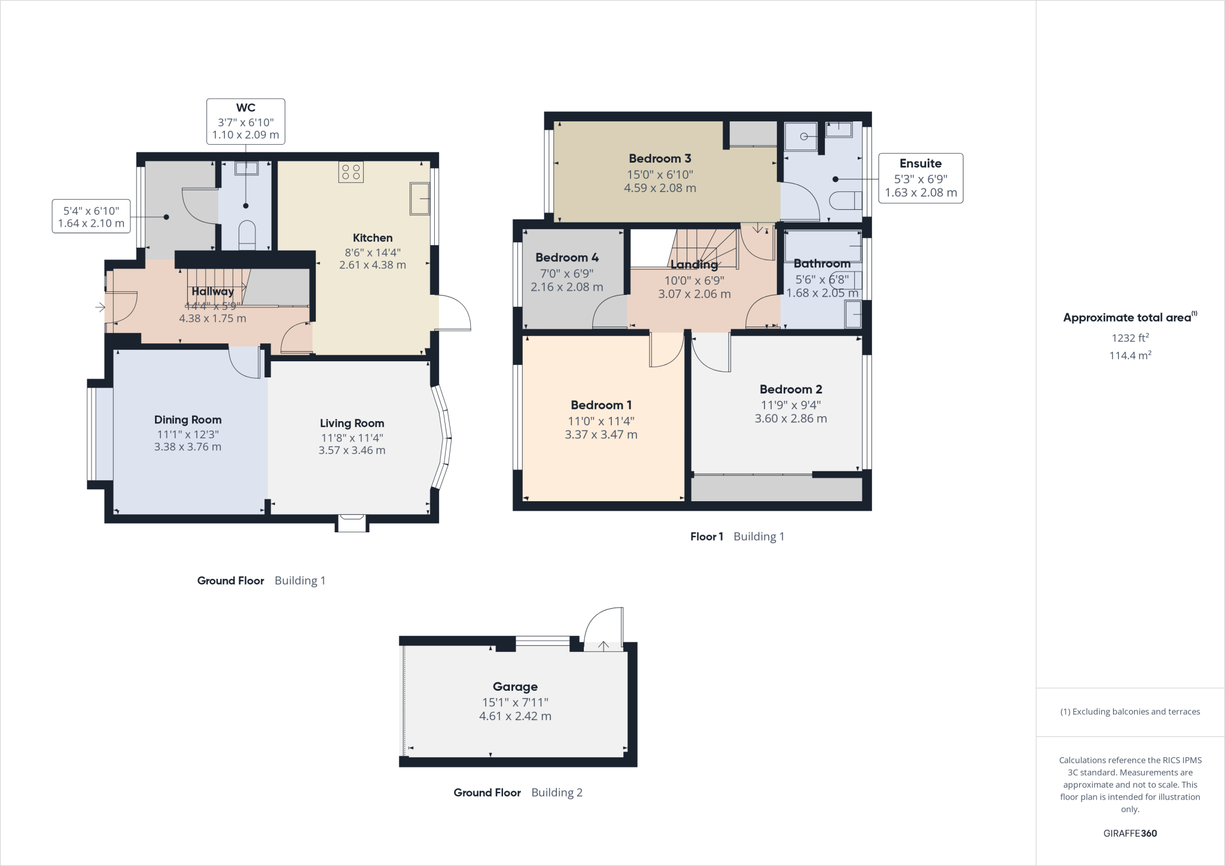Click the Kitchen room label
[372, 237]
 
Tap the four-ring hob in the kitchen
[351, 172]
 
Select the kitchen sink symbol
[419, 199]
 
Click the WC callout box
[245, 121]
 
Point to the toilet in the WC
[247, 234]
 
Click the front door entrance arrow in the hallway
[100, 307]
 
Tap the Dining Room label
[188, 420]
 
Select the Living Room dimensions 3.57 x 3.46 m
[352, 450]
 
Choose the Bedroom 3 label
[660, 158]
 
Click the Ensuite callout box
[921, 178]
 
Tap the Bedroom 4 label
[566, 258]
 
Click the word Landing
[694, 264]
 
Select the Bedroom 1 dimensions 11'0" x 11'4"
[601, 421]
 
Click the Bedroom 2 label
[791, 389]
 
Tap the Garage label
[515, 687]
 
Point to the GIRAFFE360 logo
[1130, 833]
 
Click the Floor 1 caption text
[706, 536]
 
